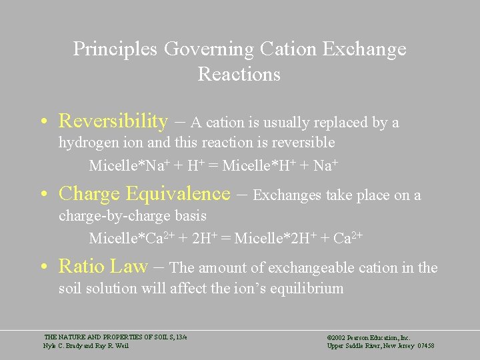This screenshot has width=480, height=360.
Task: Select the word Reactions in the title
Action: click(x=239, y=74)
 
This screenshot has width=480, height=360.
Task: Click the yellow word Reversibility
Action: click(x=113, y=121)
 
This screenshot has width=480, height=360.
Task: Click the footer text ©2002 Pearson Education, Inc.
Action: click(x=368, y=337)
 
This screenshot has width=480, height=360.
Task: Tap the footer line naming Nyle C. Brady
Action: click(x=86, y=345)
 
